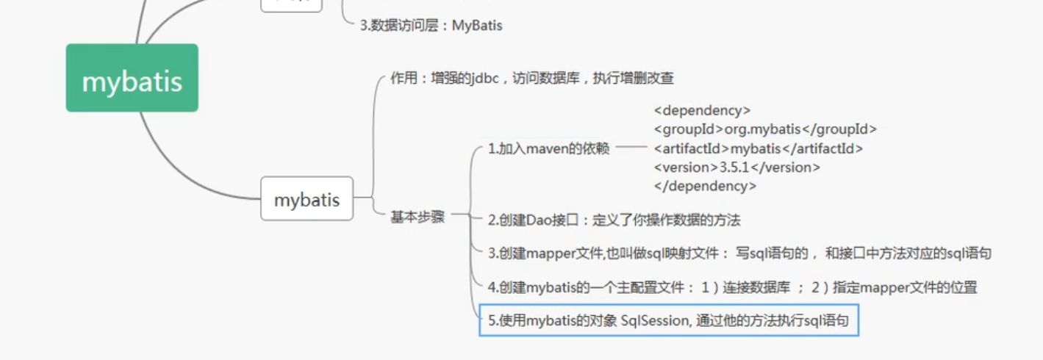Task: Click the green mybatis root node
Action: coord(132,78)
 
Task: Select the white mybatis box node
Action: coord(307,199)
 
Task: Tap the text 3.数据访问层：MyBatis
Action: coord(431,26)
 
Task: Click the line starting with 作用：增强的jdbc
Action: coord(532,78)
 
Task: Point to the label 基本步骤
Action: coord(417,217)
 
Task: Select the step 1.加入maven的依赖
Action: coord(548,149)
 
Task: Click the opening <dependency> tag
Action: coord(702,111)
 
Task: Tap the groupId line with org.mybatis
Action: coord(765,129)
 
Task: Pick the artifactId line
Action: coord(758,148)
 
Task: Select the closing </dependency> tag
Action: coord(705,187)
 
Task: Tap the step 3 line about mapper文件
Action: coord(739,253)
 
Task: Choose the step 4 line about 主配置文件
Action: coord(732,287)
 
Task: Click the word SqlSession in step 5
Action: coord(655,321)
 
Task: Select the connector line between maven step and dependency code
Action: coord(630,147)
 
